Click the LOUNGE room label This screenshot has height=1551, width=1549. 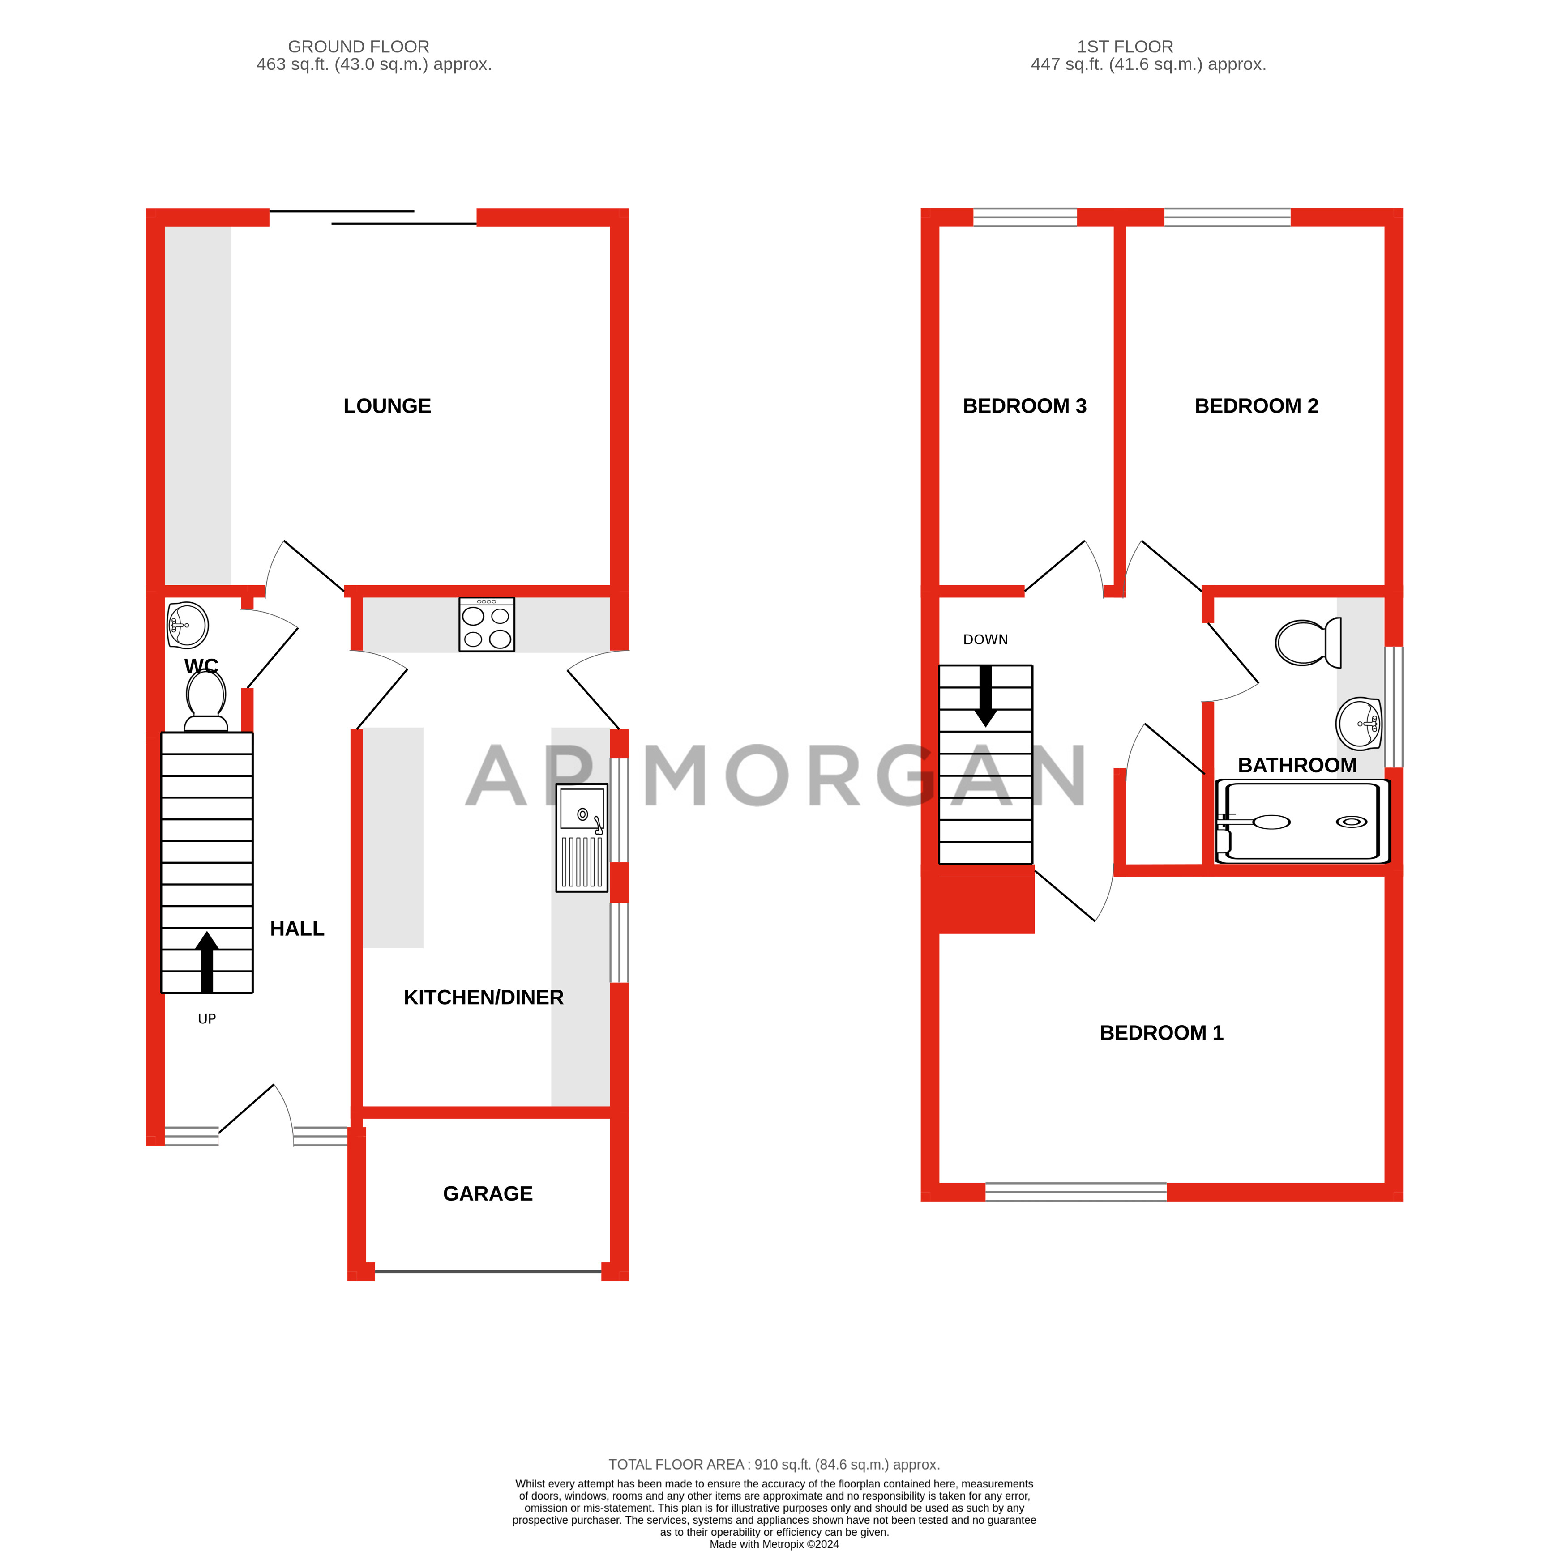click(x=387, y=406)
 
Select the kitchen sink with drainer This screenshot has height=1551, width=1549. click(x=582, y=840)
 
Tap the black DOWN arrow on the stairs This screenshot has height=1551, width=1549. click(x=985, y=696)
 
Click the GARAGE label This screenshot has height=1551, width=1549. click(x=488, y=1194)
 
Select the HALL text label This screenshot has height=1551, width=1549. click(x=297, y=929)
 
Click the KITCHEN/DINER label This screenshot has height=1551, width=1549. click(x=484, y=998)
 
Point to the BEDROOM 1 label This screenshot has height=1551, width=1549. click(x=1161, y=1033)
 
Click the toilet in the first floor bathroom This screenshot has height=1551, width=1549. click(x=1307, y=642)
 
